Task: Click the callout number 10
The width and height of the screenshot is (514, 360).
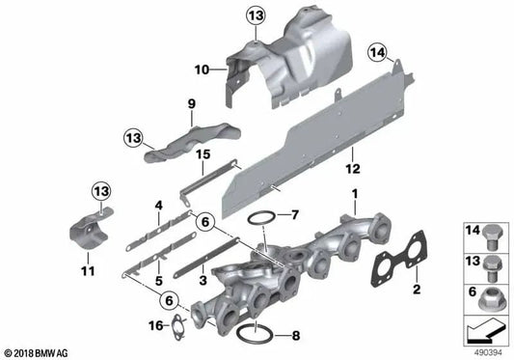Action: click(x=202, y=69)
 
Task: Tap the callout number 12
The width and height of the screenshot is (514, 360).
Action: click(x=353, y=169)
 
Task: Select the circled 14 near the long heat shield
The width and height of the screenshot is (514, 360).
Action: click(x=377, y=52)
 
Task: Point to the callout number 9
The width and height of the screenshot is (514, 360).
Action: click(x=192, y=104)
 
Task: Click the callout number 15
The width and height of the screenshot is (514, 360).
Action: click(x=203, y=154)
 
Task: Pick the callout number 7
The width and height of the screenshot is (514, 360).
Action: click(x=295, y=215)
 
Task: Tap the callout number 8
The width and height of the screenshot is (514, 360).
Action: click(x=296, y=336)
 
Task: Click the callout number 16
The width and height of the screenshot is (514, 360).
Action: click(x=156, y=325)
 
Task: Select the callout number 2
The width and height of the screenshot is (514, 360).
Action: click(x=417, y=290)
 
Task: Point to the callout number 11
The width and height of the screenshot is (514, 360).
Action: click(x=88, y=271)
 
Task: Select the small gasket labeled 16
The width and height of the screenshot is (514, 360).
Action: click(x=178, y=329)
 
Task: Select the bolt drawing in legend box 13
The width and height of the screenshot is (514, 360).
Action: click(x=493, y=268)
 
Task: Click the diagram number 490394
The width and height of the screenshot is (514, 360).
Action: click(x=488, y=353)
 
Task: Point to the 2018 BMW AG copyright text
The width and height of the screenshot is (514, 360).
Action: click(x=37, y=353)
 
